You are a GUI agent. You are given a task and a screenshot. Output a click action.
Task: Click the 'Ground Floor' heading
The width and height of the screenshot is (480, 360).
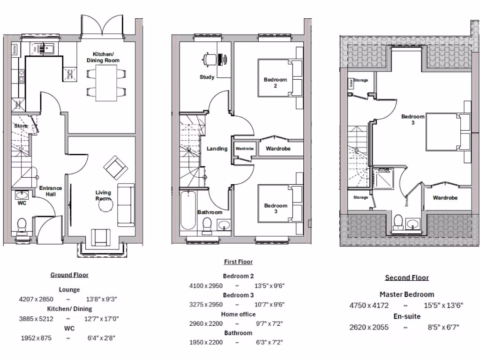click(69, 275)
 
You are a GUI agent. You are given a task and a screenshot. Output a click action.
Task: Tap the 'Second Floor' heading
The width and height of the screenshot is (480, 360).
click(407, 277)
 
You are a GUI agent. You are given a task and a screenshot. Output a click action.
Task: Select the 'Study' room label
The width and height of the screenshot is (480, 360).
click(207, 77)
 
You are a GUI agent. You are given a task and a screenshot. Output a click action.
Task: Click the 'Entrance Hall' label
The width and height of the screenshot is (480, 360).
click(51, 191)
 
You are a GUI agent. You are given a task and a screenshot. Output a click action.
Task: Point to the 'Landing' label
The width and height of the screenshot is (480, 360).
click(217, 149)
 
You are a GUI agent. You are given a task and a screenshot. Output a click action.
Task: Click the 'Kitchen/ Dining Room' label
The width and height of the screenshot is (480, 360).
click(105, 57)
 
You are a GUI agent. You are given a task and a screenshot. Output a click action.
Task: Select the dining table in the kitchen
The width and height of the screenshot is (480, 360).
click(106, 83)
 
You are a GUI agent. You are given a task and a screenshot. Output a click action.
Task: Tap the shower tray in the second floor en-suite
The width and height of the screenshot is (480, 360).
click(383, 180)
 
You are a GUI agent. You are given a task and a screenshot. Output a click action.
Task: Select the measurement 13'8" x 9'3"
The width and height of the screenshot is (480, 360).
click(98, 299)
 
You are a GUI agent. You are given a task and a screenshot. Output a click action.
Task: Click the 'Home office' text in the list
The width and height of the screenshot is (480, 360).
click(238, 314)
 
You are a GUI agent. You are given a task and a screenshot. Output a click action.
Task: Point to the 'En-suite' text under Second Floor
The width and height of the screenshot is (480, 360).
click(406, 316)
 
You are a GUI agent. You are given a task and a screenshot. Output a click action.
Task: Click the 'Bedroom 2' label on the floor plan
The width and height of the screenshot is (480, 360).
click(275, 82)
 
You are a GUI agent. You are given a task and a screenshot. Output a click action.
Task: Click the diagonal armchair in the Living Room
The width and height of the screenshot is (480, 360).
click(114, 166)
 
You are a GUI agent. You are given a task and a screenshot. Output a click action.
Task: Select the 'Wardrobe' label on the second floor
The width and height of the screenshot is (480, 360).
click(445, 198)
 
